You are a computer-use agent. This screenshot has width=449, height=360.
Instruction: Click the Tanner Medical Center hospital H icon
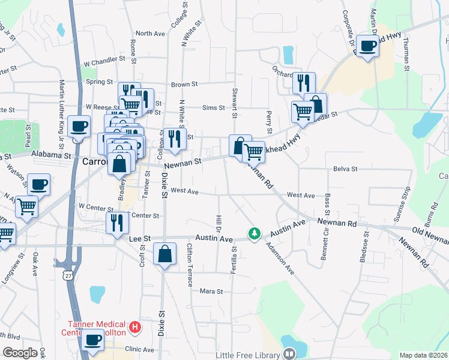tap(136, 328)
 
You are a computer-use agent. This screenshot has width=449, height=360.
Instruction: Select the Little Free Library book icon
tap(289, 355)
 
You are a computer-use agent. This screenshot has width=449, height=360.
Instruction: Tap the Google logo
tap(20, 353)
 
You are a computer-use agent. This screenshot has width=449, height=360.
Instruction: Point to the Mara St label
tap(211, 292)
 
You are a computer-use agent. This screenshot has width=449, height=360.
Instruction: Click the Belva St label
tap(345, 169)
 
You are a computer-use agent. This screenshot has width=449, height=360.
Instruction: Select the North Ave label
tap(150, 34)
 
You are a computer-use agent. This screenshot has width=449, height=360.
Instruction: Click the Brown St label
tap(184, 85)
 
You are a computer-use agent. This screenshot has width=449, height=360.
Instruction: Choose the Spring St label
tap(100, 82)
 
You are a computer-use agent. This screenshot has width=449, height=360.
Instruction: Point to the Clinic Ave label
tap(140, 349)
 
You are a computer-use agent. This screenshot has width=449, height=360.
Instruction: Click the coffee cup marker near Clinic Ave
tap(92, 340)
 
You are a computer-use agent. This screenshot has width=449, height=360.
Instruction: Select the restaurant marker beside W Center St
tap(117, 222)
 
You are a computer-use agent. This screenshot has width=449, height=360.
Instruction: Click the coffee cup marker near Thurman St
tap(367, 46)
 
